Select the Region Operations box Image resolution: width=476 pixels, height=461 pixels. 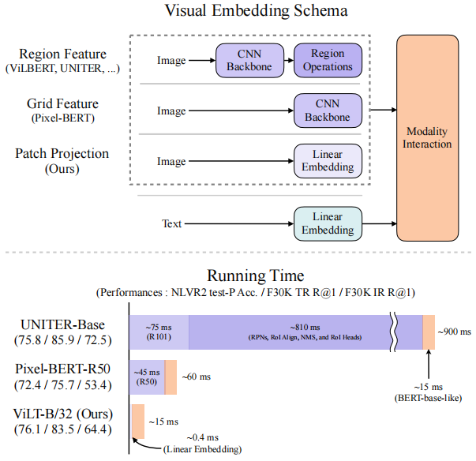click(328, 60)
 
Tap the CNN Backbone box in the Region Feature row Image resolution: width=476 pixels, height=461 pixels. click(249, 60)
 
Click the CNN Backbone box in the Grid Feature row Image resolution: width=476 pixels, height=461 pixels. click(328, 111)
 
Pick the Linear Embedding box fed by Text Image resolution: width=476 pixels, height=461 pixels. click(328, 223)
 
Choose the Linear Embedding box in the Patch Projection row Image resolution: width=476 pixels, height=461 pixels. click(328, 161)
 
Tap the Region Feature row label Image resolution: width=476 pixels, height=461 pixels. click(62, 54)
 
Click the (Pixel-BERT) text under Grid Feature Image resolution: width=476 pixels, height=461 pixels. click(62, 118)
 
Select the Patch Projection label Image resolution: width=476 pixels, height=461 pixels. click(62, 153)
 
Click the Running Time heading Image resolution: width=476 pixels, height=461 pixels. click(255, 275)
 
